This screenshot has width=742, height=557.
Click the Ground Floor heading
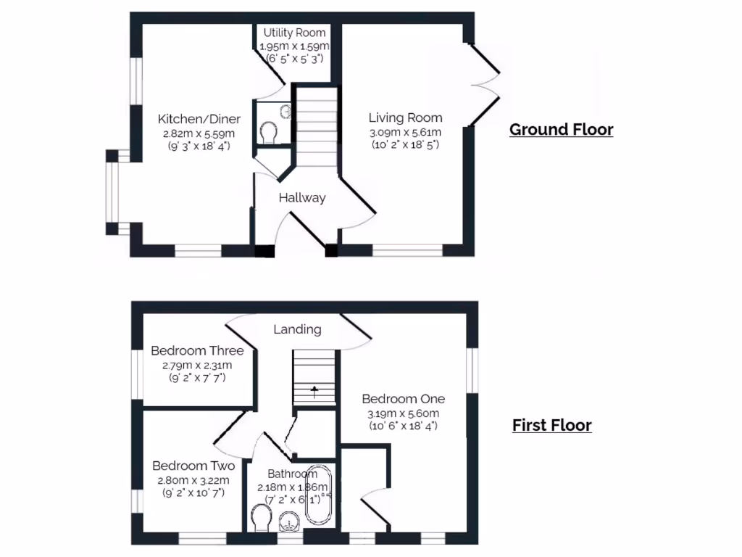tap(561, 130)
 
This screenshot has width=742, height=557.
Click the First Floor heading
tap(551, 425)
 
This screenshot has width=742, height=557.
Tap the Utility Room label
tap(294, 33)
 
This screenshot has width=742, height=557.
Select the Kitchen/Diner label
tap(199, 120)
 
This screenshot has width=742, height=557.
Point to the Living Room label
tap(405, 117)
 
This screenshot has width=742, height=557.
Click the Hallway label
tap(302, 197)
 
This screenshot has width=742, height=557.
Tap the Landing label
tap(297, 329)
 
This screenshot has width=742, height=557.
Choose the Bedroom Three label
tap(197, 351)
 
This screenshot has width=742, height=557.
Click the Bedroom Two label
tap(193, 466)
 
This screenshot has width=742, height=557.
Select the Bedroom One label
tap(403, 399)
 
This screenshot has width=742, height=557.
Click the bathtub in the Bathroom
tap(319, 497)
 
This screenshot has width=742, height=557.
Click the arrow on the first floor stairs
tap(314, 392)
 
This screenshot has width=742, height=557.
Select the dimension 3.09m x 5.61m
tap(405, 132)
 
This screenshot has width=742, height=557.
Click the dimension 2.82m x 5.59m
tap(199, 133)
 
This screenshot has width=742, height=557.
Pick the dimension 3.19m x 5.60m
tap(403, 413)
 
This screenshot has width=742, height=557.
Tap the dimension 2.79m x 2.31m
tap(197, 365)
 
